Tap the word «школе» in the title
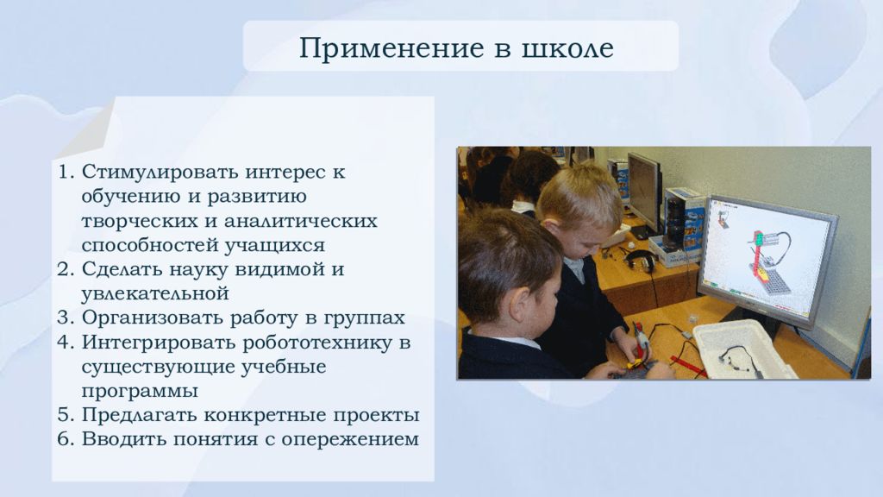pos(567,48)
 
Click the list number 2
pos(66,269)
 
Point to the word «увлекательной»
pos(155,294)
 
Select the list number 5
pos(66,415)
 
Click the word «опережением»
pos(350,439)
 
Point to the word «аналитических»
pos(301,221)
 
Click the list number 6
pos(66,439)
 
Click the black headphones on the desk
pos(641,261)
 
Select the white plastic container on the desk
pos(743,349)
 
